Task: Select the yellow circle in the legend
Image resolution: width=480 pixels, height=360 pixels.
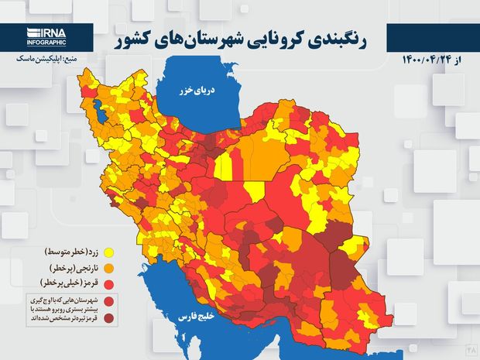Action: pos(109,252)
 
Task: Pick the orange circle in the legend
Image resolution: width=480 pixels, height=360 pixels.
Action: pos(109,268)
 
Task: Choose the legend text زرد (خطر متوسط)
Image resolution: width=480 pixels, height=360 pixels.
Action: pos(70,252)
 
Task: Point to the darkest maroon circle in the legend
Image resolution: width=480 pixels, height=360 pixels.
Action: pos(110,317)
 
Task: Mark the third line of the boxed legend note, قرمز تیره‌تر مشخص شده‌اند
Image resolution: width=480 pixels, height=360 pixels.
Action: pos(63,317)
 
